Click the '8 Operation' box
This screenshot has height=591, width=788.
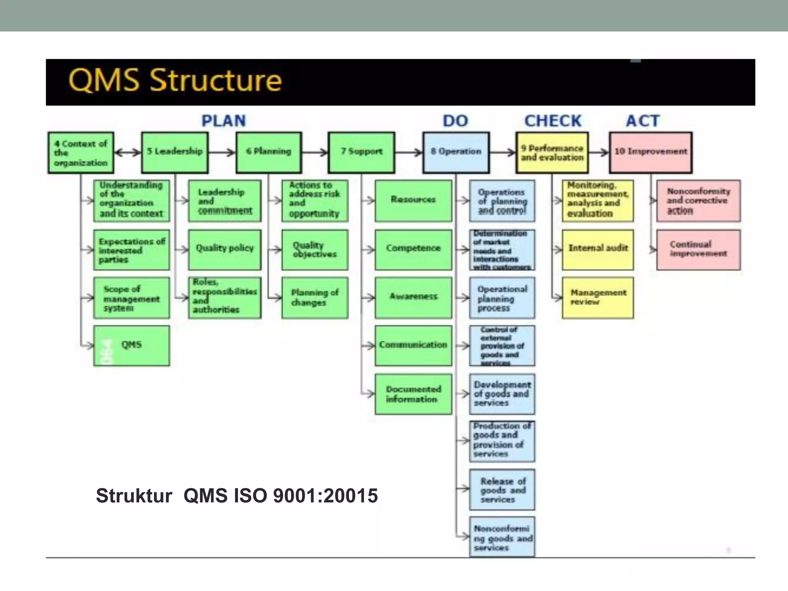pyautogui.click(x=456, y=152)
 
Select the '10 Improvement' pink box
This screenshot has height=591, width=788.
pyautogui.click(x=651, y=152)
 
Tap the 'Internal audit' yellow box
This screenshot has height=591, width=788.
pyautogui.click(x=598, y=250)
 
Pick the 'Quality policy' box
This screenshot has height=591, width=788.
pyautogui.click(x=225, y=250)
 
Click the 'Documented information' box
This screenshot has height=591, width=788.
pyautogui.click(x=413, y=394)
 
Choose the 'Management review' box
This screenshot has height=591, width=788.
pyautogui.click(x=598, y=298)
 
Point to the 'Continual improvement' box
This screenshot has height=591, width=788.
pyautogui.click(x=698, y=250)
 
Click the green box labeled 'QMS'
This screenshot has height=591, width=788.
pyautogui.click(x=131, y=346)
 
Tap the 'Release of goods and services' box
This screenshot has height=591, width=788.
pyautogui.click(x=502, y=490)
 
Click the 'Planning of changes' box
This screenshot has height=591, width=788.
pyautogui.click(x=315, y=298)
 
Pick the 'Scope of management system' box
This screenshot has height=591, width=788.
pyautogui.click(x=131, y=298)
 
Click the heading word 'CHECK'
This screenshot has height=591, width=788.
pyautogui.click(x=553, y=121)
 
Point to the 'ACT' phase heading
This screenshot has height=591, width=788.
pyautogui.click(x=643, y=121)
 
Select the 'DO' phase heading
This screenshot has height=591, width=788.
pyautogui.click(x=456, y=121)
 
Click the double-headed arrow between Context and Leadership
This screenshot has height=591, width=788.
pyautogui.click(x=128, y=153)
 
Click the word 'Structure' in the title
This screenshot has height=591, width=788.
pyautogui.click(x=215, y=80)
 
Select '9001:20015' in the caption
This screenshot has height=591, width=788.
pyautogui.click(x=325, y=495)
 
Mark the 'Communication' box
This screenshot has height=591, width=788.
pyautogui.click(x=413, y=346)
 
